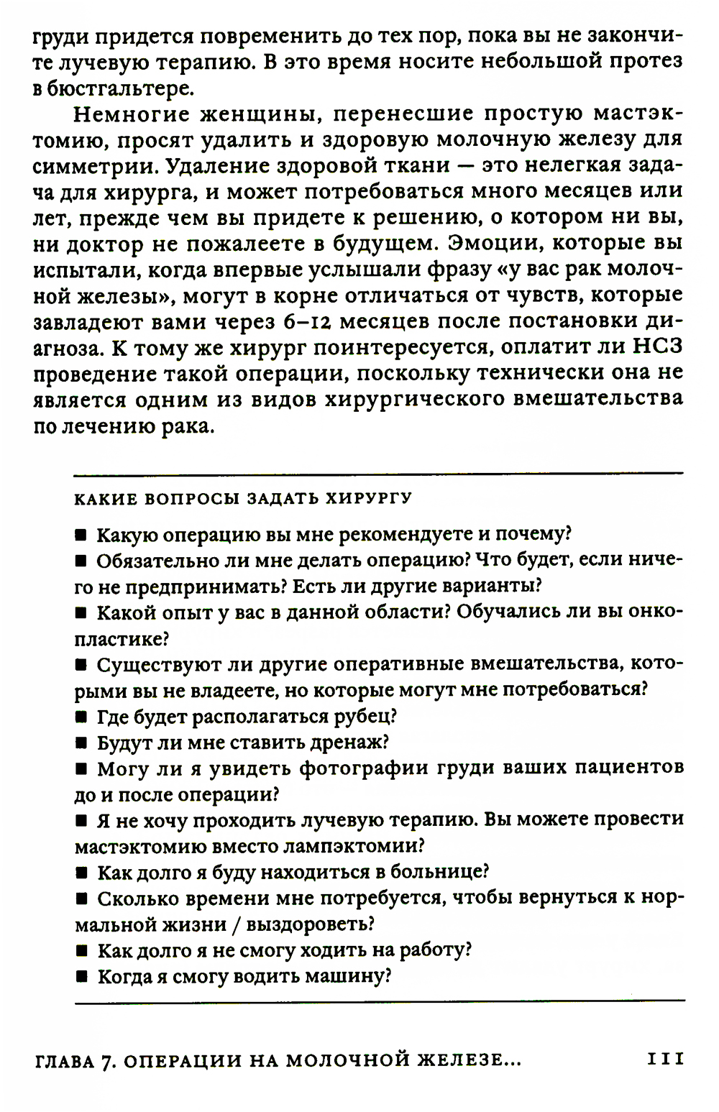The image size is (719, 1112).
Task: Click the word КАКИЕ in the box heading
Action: tap(106, 499)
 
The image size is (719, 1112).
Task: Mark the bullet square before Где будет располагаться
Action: tap(81, 717)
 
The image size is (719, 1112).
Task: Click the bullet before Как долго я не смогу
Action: tap(81, 951)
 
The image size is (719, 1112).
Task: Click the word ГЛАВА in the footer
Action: tap(63, 1060)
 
